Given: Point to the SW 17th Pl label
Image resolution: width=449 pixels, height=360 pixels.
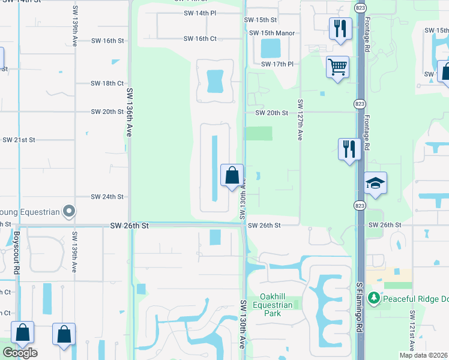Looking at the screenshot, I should click(277, 64).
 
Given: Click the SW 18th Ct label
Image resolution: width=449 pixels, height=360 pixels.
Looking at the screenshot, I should click(107, 83).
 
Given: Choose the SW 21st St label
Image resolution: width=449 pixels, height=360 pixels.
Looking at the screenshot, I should click(19, 140).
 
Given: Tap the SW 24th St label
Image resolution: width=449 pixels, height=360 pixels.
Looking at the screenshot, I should click(107, 197).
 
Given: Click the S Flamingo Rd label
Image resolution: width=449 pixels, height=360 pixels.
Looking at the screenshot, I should click(360, 310).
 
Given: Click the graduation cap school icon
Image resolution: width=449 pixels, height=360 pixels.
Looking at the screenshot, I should click(375, 182).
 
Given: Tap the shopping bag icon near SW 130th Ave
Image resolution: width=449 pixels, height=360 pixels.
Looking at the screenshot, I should click(232, 176).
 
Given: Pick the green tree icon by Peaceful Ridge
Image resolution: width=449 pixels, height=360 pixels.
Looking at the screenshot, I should click(375, 298).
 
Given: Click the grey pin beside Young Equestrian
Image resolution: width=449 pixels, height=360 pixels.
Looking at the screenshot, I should click(69, 211).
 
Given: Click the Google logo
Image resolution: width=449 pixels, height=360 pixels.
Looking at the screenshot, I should click(19, 353).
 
